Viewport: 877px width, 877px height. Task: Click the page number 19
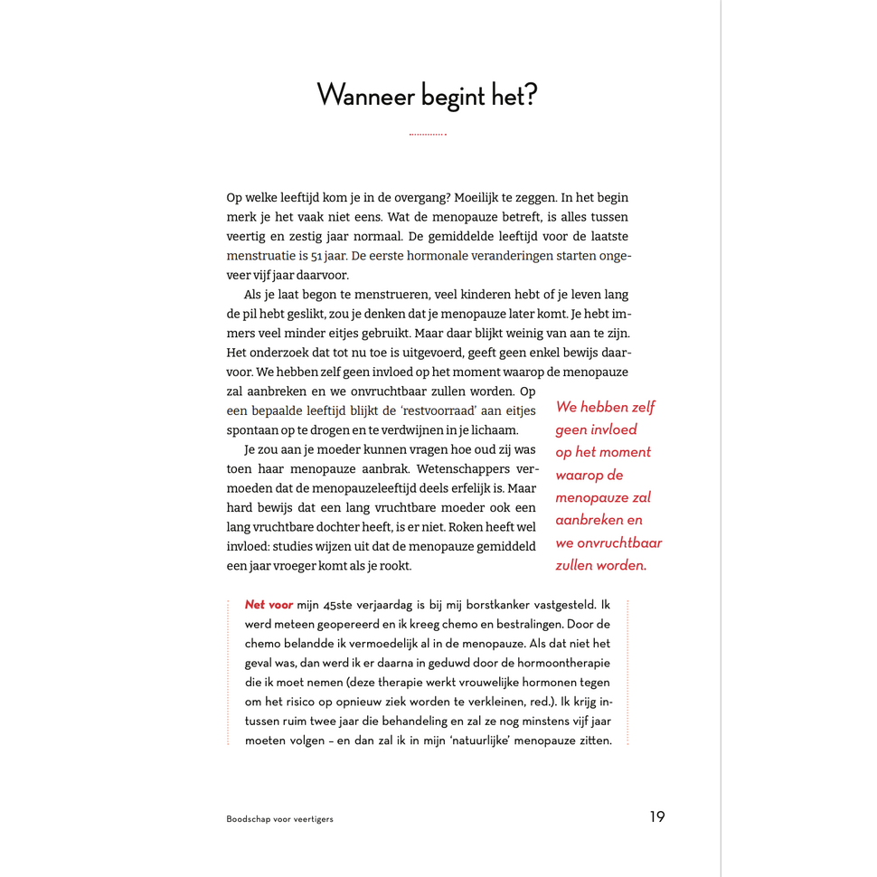tap(656, 816)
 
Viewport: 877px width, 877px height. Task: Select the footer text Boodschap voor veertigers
tap(279, 819)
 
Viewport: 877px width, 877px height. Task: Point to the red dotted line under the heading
tap(427, 135)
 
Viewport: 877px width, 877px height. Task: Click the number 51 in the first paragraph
tap(330, 256)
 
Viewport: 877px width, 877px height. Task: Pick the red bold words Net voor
tap(269, 605)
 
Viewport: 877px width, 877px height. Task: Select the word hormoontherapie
tap(566, 663)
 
